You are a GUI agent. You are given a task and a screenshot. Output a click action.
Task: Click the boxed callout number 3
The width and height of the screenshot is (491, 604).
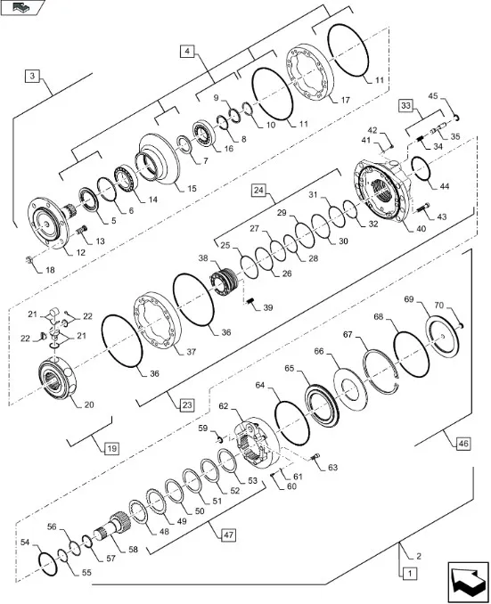[x=32, y=76]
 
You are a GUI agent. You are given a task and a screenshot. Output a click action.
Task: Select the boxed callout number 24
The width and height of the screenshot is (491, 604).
[x=259, y=190]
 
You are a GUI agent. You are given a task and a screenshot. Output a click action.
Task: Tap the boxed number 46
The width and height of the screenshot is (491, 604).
[x=462, y=444]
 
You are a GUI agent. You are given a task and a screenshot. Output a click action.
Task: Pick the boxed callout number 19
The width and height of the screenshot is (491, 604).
[x=111, y=448]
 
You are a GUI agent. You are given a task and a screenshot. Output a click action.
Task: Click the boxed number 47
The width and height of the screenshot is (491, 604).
[x=228, y=535]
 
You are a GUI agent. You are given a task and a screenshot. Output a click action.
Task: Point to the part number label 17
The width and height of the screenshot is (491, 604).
[x=346, y=100]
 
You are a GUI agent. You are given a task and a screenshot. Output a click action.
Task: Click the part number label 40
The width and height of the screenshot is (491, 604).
[x=421, y=228]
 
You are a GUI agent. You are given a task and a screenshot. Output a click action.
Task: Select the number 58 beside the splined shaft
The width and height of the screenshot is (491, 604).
[x=133, y=550]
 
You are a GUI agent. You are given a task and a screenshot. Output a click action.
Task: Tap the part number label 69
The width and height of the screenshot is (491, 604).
[x=408, y=299]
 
